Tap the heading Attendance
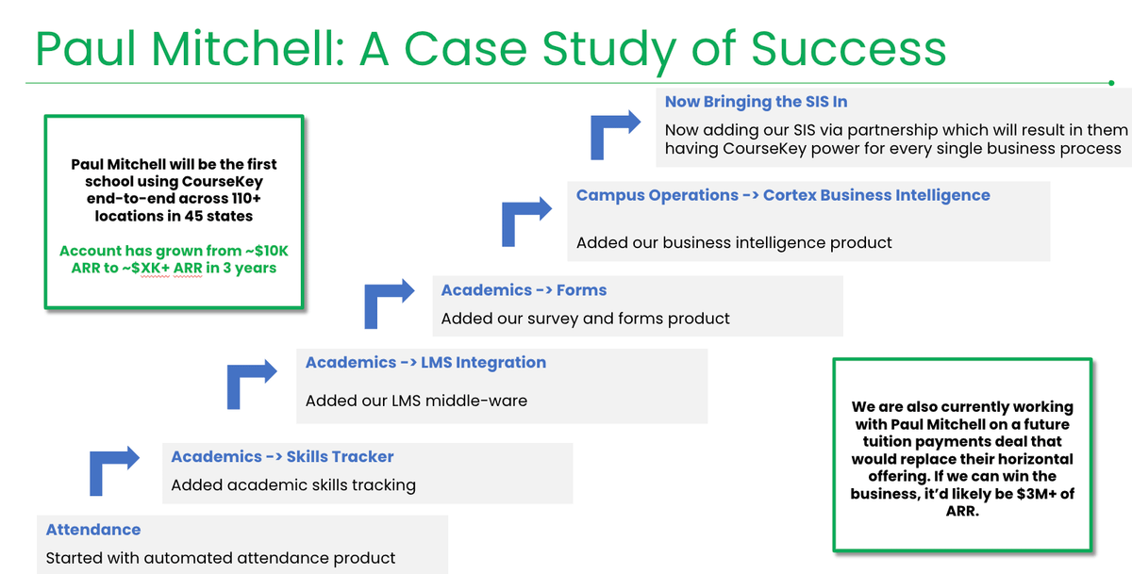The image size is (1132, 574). (93, 530)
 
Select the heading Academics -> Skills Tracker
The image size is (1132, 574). (282, 456)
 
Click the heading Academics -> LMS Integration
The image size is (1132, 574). (425, 362)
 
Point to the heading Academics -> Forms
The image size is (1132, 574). (524, 290)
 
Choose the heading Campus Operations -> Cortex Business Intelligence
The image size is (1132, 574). (783, 195)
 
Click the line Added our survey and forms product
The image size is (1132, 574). (585, 319)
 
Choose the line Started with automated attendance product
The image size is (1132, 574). (221, 558)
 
